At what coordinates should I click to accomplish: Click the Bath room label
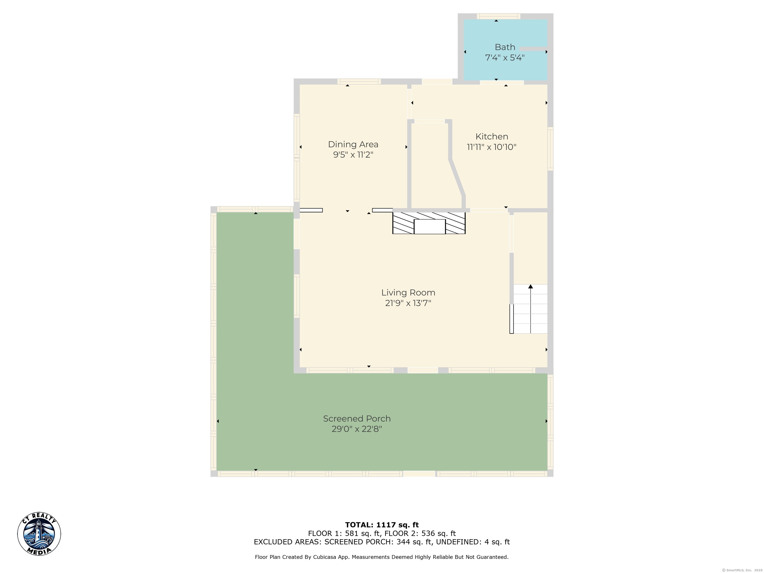pyautogui.click(x=505, y=47)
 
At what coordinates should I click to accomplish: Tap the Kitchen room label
pyautogui.click(x=491, y=137)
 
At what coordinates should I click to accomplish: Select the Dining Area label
pyautogui.click(x=353, y=144)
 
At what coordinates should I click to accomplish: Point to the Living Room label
pyautogui.click(x=408, y=292)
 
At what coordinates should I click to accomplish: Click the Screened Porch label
pyautogui.click(x=357, y=419)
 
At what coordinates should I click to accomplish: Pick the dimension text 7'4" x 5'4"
pyautogui.click(x=505, y=58)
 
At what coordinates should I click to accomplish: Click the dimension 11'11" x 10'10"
pyautogui.click(x=491, y=147)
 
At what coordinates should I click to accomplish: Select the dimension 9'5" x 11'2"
pyautogui.click(x=353, y=155)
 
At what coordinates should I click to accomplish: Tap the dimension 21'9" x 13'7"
pyautogui.click(x=408, y=303)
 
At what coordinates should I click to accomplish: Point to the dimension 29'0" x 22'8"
pyautogui.click(x=357, y=429)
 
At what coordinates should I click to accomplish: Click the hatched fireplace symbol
pyautogui.click(x=429, y=223)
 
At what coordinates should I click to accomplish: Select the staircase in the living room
pyautogui.click(x=529, y=309)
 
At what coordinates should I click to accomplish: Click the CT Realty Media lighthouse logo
pyautogui.click(x=39, y=534)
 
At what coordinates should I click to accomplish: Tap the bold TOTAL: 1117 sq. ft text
pyautogui.click(x=382, y=525)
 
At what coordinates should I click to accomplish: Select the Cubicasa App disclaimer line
pyautogui.click(x=382, y=557)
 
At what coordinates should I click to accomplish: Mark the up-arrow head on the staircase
pyautogui.click(x=530, y=286)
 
